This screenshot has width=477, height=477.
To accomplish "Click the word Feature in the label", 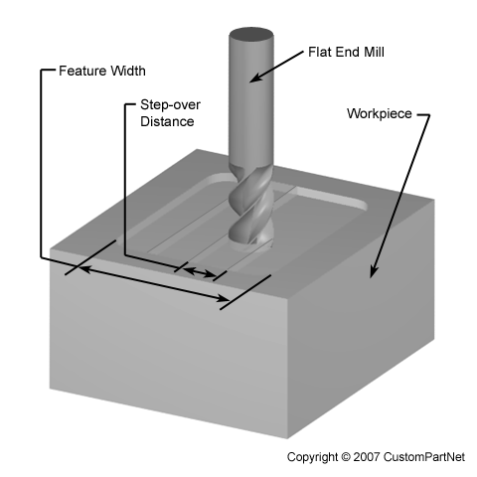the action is (x=82, y=71).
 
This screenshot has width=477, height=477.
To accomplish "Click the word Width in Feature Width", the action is (x=128, y=71).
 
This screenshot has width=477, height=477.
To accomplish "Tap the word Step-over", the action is (x=170, y=105).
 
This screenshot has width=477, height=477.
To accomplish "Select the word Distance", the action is (x=167, y=121).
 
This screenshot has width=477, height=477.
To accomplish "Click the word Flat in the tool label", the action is (x=320, y=52).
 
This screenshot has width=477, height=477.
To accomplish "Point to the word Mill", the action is (x=374, y=52).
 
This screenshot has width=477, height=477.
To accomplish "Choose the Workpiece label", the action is (x=380, y=113).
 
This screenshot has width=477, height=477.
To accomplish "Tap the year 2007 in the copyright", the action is (x=367, y=457).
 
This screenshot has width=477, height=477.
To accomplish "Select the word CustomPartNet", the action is (x=424, y=457).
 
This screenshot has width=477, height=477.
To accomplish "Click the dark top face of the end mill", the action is (x=251, y=35).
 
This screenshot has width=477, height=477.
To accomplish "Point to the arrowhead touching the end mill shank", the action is (x=255, y=79).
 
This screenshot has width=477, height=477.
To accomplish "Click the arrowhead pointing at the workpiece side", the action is (x=374, y=271).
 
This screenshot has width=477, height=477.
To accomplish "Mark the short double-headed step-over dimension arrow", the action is (x=200, y=272).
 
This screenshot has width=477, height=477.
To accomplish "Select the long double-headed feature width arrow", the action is (x=153, y=283).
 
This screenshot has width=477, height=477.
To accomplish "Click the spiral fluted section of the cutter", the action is (x=251, y=206).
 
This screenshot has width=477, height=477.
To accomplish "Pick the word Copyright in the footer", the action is (x=312, y=457).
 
